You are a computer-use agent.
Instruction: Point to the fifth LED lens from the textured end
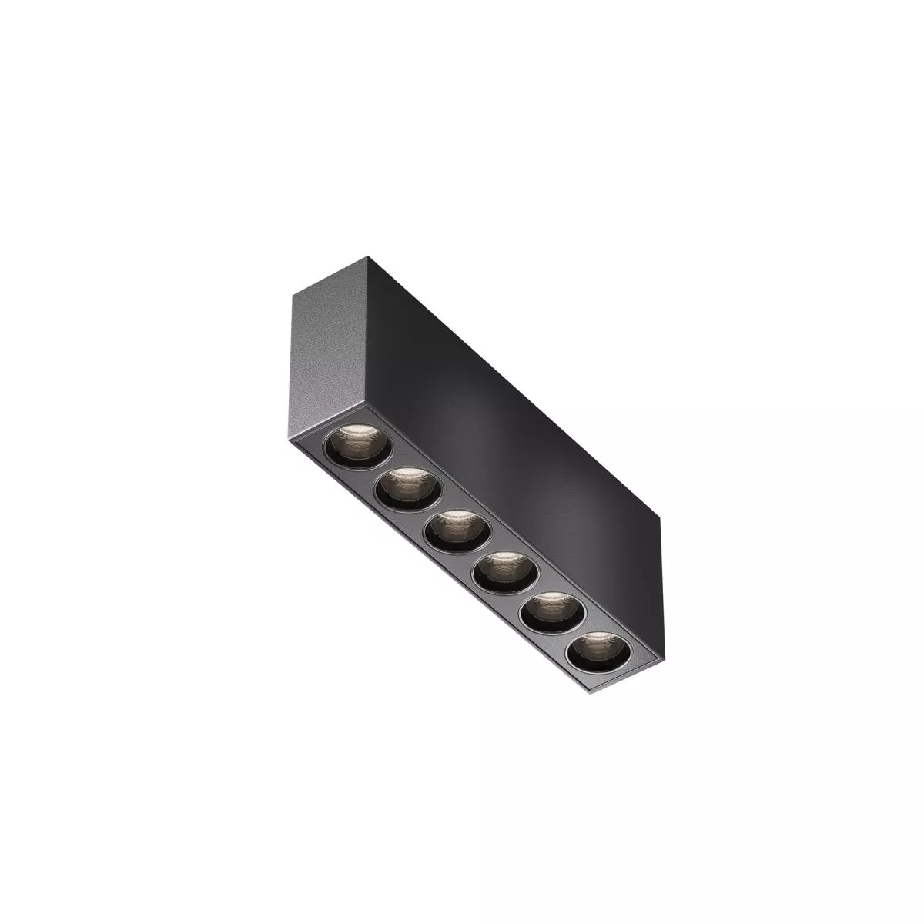[552, 614]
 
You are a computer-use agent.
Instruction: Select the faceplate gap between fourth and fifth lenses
[527, 594]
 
